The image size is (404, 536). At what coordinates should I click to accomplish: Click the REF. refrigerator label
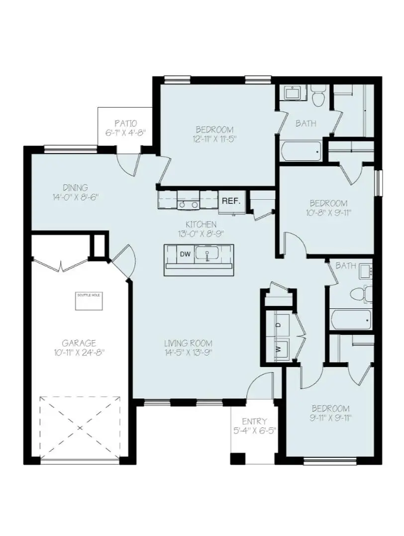click(x=231, y=201)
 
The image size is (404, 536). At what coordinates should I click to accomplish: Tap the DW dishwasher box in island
click(x=185, y=254)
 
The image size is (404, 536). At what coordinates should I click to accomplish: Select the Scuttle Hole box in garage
click(x=89, y=301)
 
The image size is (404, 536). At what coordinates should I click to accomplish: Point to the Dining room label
click(x=76, y=187)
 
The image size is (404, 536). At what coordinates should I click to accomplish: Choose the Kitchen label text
click(x=201, y=224)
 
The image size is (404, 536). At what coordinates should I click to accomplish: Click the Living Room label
click(x=189, y=343)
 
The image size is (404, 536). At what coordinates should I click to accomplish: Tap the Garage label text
click(x=79, y=343)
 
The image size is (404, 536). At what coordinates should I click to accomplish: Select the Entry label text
click(x=254, y=421)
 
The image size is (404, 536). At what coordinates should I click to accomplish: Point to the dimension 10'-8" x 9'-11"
click(x=328, y=214)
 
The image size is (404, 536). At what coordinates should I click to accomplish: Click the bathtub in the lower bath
click(x=351, y=319)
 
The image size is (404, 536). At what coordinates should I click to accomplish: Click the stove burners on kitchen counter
click(x=189, y=204)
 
